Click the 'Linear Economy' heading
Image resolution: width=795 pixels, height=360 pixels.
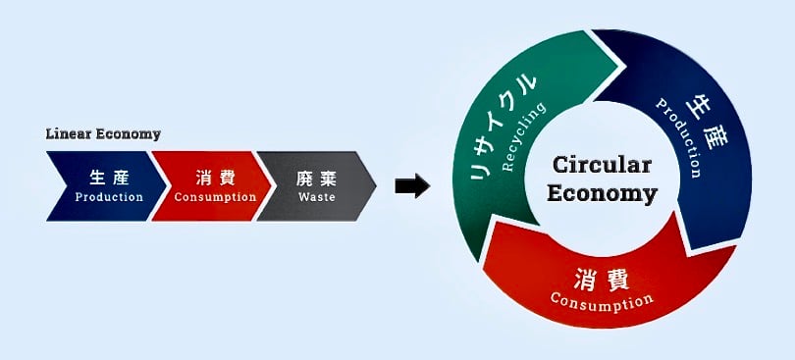(x=103, y=133)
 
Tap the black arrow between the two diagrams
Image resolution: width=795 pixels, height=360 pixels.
(x=412, y=184)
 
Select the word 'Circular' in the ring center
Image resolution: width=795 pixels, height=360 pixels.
(x=603, y=165)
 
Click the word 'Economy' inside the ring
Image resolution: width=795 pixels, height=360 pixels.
(x=603, y=193)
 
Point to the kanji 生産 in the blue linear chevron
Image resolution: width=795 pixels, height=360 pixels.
(x=110, y=179)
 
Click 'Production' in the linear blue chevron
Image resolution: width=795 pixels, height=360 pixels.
(x=110, y=196)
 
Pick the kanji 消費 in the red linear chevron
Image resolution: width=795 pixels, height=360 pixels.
(x=215, y=179)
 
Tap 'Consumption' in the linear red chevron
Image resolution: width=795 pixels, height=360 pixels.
(x=215, y=196)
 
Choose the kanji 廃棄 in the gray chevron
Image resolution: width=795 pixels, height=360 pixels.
(x=316, y=179)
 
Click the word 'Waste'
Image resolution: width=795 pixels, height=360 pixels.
(x=316, y=196)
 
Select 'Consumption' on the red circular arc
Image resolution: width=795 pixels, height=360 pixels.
(x=601, y=299)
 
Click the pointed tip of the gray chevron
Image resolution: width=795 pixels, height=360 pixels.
(x=375, y=185)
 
